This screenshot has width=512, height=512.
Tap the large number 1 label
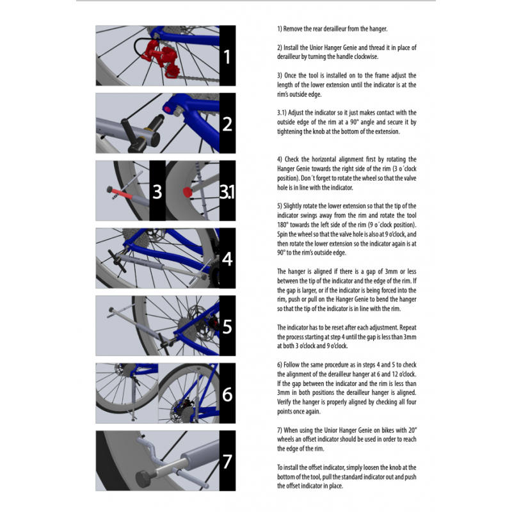pyautogui.click(x=227, y=57)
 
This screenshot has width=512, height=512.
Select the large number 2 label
pyautogui.click(x=227, y=124)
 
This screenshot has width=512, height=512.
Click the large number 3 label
pyautogui.click(x=157, y=191)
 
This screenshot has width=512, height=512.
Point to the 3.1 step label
pyautogui.click(x=227, y=191)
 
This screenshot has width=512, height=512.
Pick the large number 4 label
pyautogui.click(x=227, y=259)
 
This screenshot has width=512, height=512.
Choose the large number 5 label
pyautogui.click(x=227, y=326)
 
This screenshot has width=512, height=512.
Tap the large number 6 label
pyautogui.click(x=227, y=394)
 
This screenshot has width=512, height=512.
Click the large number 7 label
pyautogui.click(x=227, y=461)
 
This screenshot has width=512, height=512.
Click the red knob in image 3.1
pyautogui.click(x=187, y=191)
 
